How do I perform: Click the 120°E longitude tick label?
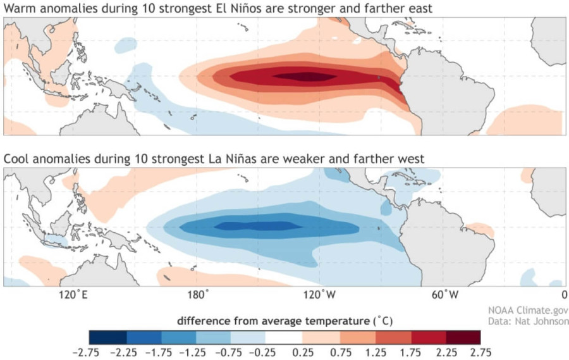[x=73, y=295]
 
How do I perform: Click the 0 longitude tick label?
[x=563, y=295]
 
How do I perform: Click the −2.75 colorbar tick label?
[x=90, y=352]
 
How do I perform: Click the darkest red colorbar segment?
[x=463, y=337]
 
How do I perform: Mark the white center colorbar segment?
[x=284, y=337]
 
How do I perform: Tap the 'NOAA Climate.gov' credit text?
[x=528, y=311]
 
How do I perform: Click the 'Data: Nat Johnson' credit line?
[x=528, y=321]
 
